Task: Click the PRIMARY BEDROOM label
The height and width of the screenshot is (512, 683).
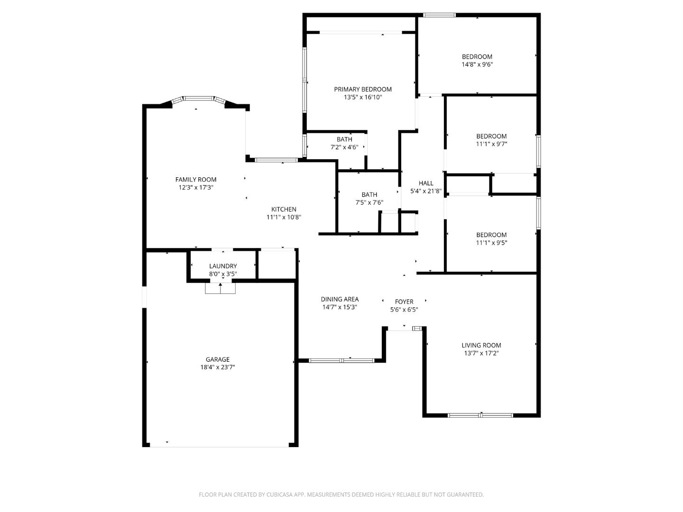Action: tap(363, 89)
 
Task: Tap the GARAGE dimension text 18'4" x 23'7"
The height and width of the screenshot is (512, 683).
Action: tap(218, 367)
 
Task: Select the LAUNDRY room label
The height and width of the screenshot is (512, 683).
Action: tap(223, 266)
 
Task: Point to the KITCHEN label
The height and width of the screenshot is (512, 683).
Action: tap(284, 209)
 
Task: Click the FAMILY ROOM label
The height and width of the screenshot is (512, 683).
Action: tap(196, 179)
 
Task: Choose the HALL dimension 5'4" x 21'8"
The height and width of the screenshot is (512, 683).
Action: tap(426, 191)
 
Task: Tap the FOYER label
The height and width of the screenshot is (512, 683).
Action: tap(404, 302)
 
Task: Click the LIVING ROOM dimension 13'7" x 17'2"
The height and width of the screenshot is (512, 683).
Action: tap(481, 353)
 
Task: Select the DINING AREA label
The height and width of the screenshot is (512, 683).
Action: tap(340, 299)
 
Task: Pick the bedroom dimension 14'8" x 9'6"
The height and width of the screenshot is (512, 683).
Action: tap(477, 64)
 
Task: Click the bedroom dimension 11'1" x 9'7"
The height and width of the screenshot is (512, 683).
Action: tap(491, 144)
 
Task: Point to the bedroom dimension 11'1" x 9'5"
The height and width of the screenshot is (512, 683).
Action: tap(491, 243)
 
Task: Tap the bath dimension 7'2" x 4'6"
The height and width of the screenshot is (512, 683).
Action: tap(344, 147)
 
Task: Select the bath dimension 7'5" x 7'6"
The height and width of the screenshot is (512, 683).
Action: tap(369, 202)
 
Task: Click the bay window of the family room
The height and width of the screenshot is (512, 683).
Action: tap(198, 99)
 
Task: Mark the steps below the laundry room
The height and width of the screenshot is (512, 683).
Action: tap(220, 288)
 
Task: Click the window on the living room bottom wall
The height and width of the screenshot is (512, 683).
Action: tap(480, 415)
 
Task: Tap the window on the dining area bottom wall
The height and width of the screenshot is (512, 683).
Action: tap(341, 361)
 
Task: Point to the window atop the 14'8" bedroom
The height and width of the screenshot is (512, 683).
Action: tap(439, 15)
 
